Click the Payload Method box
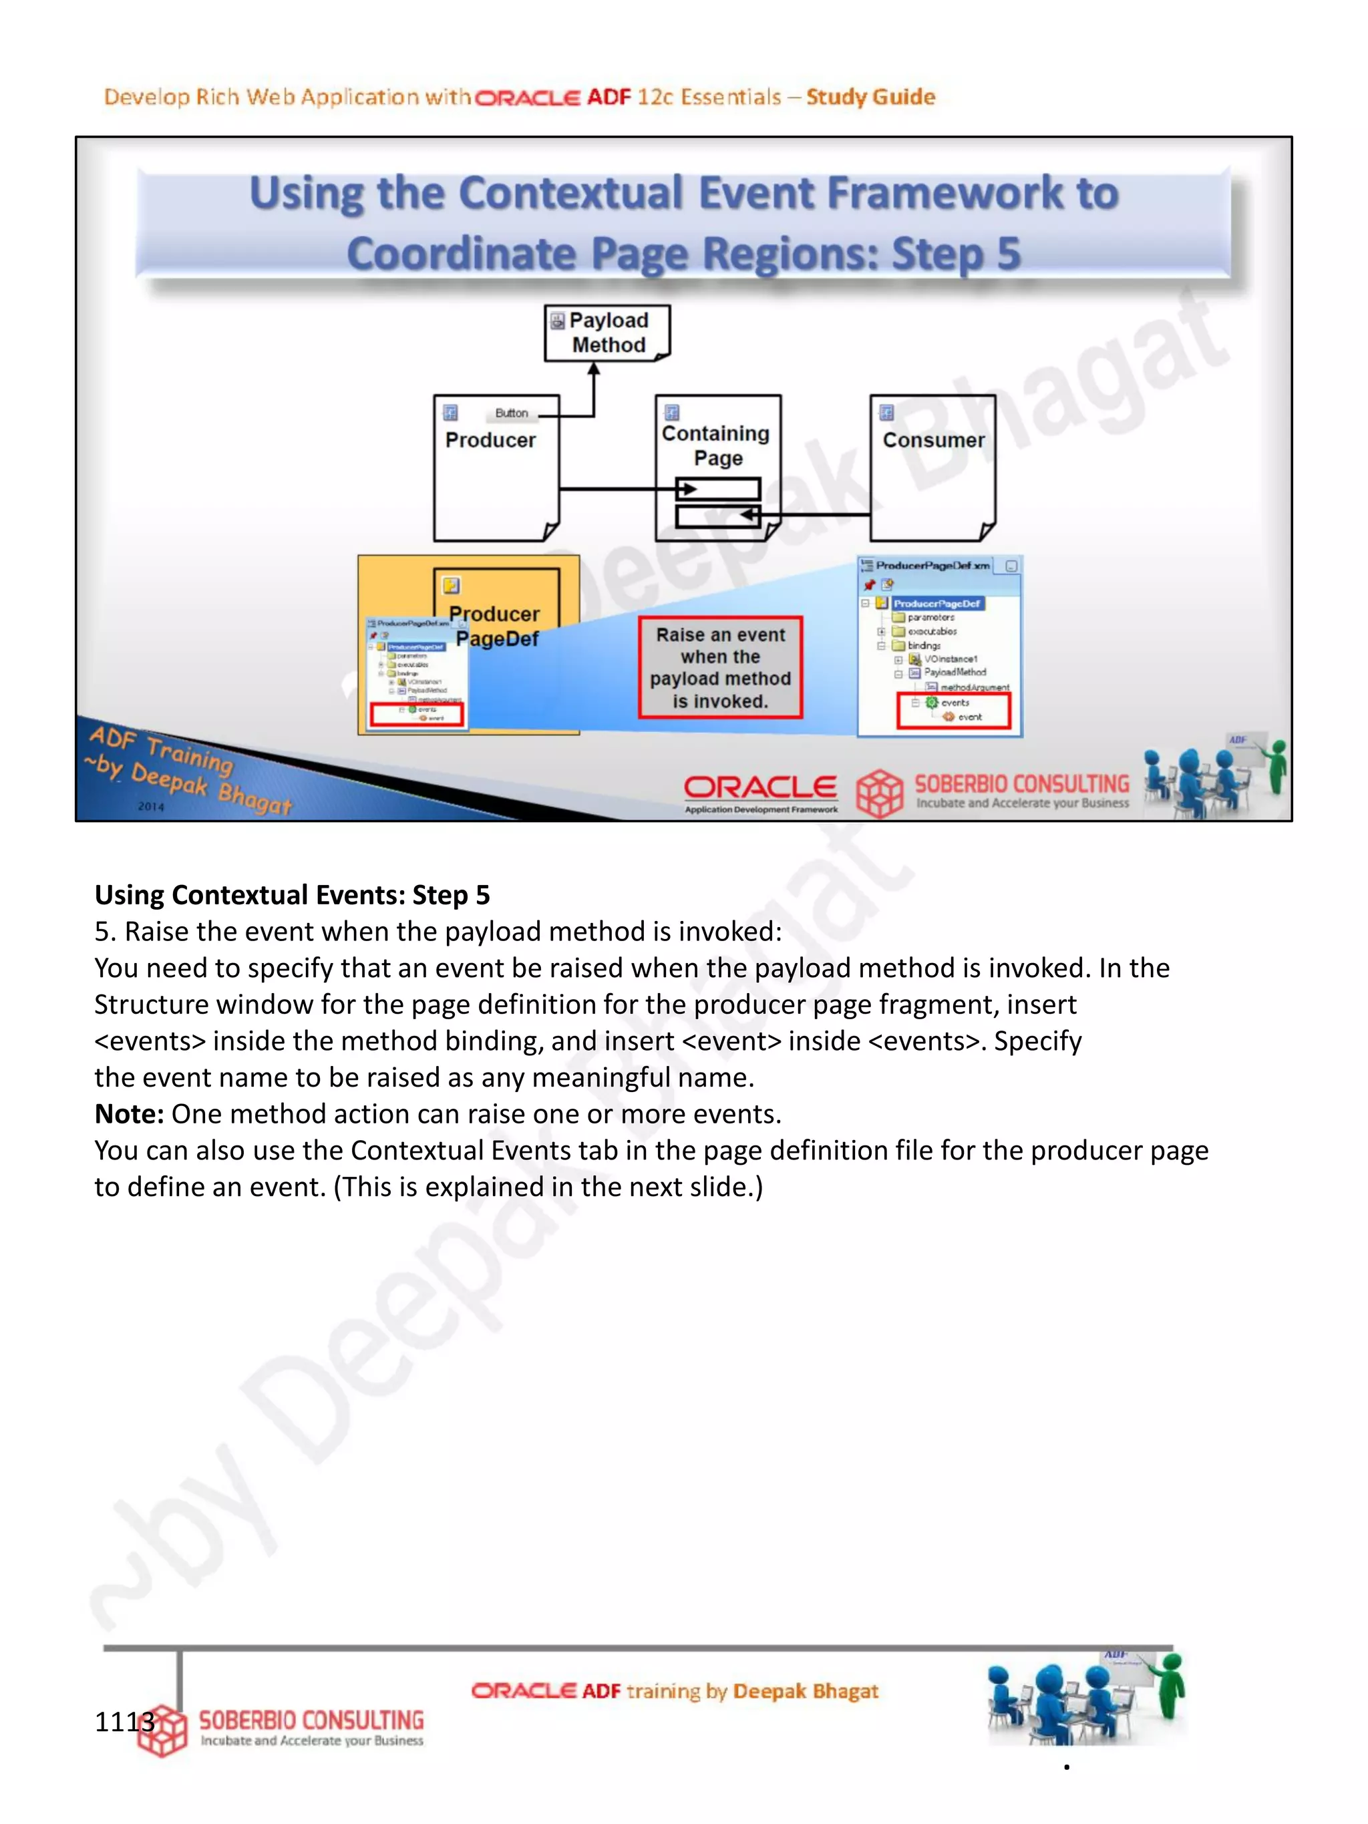(607, 333)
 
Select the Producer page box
(496, 468)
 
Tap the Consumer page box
(932, 468)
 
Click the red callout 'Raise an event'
(720, 667)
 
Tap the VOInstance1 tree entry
(950, 659)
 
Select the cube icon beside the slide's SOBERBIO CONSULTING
(879, 792)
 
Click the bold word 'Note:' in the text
(130, 1114)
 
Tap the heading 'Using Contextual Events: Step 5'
(292, 895)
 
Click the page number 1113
(124, 1722)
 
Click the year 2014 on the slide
(151, 806)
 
